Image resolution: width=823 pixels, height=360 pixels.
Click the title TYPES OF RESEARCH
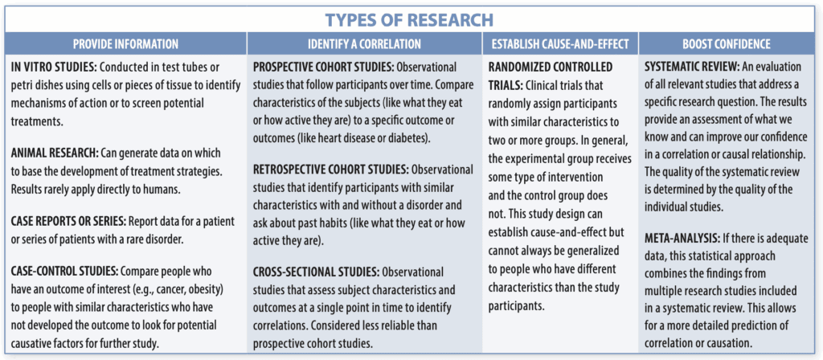click(409, 20)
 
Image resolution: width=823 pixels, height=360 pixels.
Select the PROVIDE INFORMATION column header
click(125, 44)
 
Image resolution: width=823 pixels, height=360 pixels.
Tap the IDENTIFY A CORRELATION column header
click(364, 44)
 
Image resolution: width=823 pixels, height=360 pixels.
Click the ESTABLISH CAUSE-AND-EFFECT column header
click(560, 44)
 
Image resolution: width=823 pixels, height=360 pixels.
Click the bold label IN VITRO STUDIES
click(52, 68)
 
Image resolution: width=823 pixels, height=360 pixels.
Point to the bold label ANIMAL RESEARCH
click(52, 153)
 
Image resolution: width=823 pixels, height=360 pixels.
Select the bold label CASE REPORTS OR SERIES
click(67, 221)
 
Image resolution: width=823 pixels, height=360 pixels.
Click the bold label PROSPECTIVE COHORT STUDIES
click(323, 68)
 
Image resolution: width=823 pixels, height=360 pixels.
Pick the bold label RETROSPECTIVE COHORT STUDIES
click(331, 170)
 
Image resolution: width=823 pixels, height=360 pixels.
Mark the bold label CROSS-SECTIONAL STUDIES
click(316, 272)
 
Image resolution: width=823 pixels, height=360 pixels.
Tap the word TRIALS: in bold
click(506, 84)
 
